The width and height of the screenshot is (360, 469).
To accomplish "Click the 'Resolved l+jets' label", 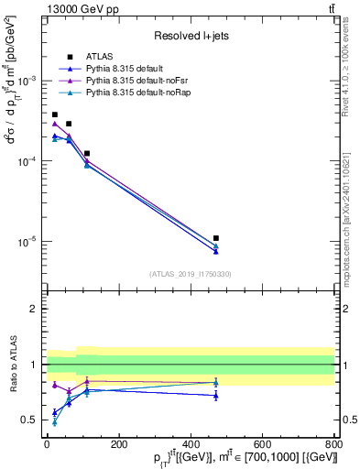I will [x=191, y=36].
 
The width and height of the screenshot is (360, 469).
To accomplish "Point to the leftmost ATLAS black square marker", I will [x=55, y=115].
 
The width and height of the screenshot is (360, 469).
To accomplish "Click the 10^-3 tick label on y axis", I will [x=30, y=81].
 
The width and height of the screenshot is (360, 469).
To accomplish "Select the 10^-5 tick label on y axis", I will [x=30, y=242].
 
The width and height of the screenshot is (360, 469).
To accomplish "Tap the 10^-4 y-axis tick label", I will [x=30, y=161].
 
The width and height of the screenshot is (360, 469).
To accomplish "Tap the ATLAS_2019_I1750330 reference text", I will [x=191, y=274].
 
